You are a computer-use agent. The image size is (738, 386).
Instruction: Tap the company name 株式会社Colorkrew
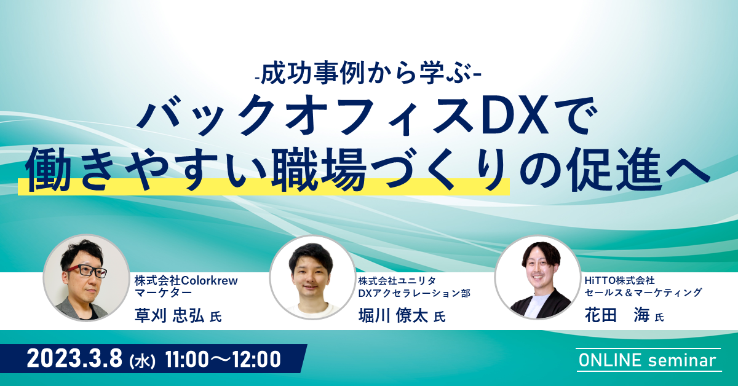186,281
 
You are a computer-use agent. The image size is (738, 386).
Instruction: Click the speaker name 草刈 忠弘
169,315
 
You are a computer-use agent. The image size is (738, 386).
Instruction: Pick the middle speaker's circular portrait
312,277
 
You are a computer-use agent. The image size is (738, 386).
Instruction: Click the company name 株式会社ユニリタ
397,281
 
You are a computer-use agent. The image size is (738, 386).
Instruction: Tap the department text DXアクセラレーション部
415,293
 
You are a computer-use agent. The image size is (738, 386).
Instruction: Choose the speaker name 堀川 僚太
394,315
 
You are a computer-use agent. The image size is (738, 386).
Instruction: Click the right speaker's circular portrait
538,277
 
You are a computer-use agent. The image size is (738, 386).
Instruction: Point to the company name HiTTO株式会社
619,281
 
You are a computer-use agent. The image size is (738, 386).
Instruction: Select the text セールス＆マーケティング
643,293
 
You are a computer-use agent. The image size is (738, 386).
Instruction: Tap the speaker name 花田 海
617,315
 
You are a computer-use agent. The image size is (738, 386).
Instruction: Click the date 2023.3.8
74,359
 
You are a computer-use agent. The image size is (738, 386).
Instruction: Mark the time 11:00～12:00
223,359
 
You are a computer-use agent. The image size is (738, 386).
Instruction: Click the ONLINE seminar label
647,360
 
